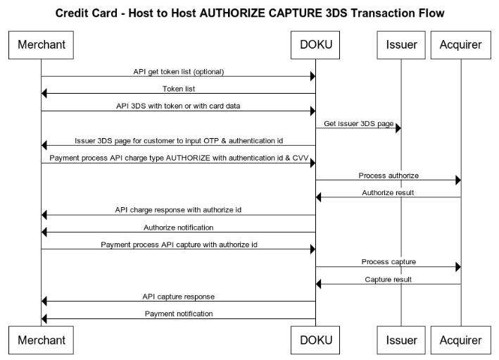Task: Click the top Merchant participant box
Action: pyautogui.click(x=41, y=45)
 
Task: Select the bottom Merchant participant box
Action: pyautogui.click(x=41, y=340)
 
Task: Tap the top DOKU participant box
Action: pyautogui.click(x=315, y=45)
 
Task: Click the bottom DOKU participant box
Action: pyautogui.click(x=315, y=340)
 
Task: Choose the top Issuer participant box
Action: pyautogui.click(x=401, y=45)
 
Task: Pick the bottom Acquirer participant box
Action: pyautogui.click(x=460, y=340)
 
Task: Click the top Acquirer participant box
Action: pyautogui.click(x=460, y=45)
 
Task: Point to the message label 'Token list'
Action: pyautogui.click(x=178, y=89)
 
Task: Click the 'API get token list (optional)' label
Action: pyautogui.click(x=178, y=71)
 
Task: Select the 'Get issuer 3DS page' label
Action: pyautogui.click(x=358, y=123)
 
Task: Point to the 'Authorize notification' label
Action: pyautogui.click(x=178, y=227)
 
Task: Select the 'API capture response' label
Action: pyautogui.click(x=178, y=296)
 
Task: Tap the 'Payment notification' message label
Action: pyautogui.click(x=178, y=314)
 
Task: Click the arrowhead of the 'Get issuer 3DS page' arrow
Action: pyautogui.click(x=398, y=128)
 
